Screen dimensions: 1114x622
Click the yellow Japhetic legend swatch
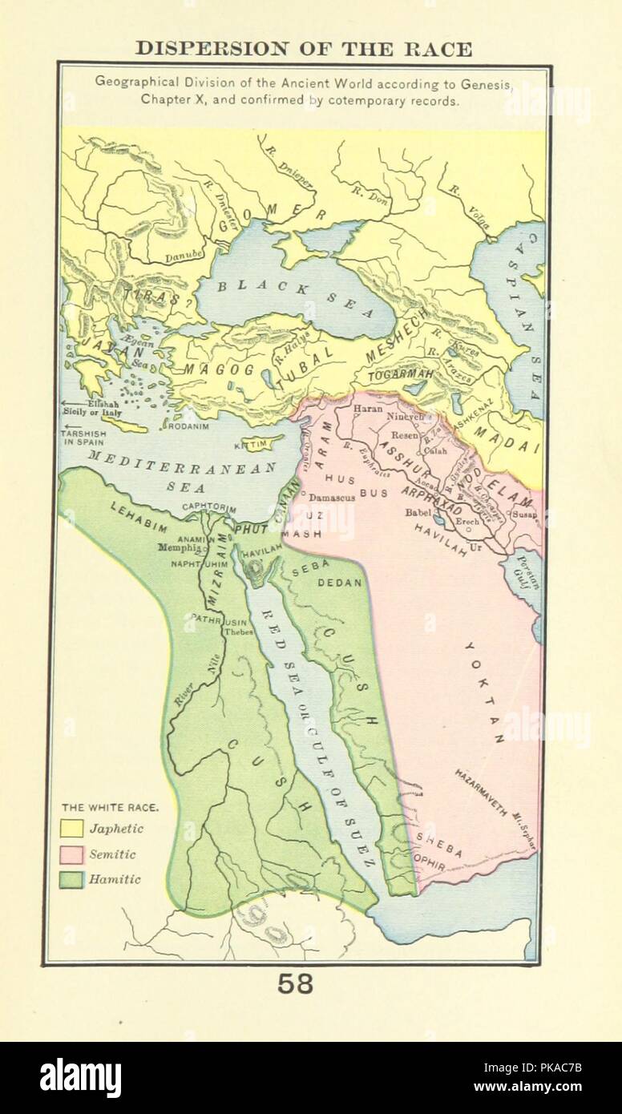pos(72,829)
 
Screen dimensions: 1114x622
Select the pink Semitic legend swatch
pos(72,854)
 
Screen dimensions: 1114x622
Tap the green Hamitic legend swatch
pos(72,879)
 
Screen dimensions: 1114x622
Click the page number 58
pos(295,983)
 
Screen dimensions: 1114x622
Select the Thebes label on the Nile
pos(239,631)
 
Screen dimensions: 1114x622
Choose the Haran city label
pos(368,408)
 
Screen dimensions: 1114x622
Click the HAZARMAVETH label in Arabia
pos(481,792)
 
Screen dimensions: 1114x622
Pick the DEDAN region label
pos(341,583)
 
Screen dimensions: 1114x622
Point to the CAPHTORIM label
pos(210,507)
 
